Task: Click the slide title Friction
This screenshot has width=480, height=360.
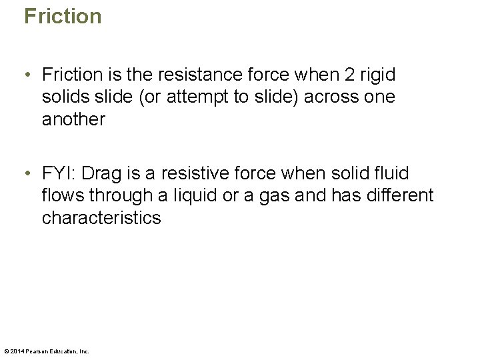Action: [63, 16]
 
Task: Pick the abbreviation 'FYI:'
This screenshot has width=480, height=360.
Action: [61, 174]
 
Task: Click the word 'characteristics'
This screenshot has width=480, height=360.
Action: [101, 218]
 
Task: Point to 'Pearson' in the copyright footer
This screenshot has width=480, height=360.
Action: [37, 351]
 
